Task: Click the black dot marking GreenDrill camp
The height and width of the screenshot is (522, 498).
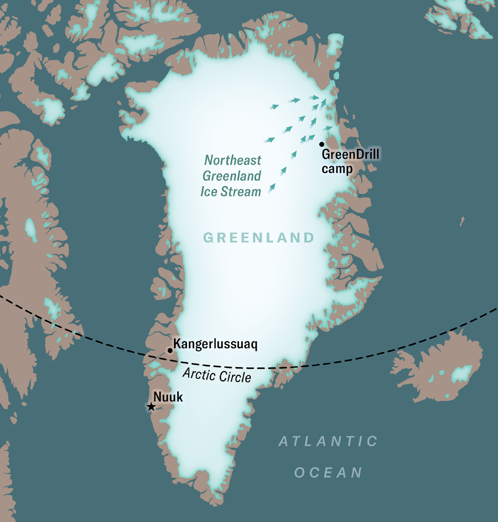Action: point(321,144)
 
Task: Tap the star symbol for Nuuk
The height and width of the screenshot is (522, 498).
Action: point(151,407)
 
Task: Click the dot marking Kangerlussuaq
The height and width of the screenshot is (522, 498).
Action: point(170,350)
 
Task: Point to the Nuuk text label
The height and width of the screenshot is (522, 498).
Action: point(168,396)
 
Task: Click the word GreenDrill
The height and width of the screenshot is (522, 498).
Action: point(350,154)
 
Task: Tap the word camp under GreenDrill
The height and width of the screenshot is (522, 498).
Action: point(337,169)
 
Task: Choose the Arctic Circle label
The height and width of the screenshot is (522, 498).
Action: point(217,376)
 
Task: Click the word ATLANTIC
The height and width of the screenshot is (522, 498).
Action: point(328,442)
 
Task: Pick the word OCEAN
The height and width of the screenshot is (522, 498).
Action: point(328,473)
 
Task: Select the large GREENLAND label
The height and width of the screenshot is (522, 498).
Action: point(258,238)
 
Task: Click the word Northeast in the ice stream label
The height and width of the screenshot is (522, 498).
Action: point(233,161)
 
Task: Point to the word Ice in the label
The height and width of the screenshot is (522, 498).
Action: point(209,192)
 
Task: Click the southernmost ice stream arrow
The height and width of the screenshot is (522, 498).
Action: point(272,189)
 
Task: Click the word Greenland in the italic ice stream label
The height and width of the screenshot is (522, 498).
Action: point(231,177)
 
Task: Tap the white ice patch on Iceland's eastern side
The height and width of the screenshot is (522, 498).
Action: point(461,374)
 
